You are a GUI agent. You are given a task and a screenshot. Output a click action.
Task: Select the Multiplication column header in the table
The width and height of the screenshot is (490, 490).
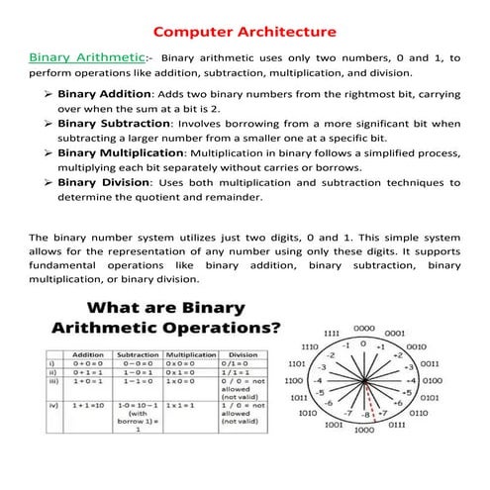tap(191, 353)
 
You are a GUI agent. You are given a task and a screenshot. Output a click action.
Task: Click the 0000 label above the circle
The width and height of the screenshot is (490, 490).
tap(364, 327)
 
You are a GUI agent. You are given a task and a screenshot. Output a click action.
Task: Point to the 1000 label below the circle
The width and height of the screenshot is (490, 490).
tap(363, 431)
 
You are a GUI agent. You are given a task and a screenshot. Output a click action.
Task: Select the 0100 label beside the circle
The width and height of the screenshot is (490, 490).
tap(432, 379)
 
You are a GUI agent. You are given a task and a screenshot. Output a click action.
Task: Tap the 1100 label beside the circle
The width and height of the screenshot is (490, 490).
tap(294, 379)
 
